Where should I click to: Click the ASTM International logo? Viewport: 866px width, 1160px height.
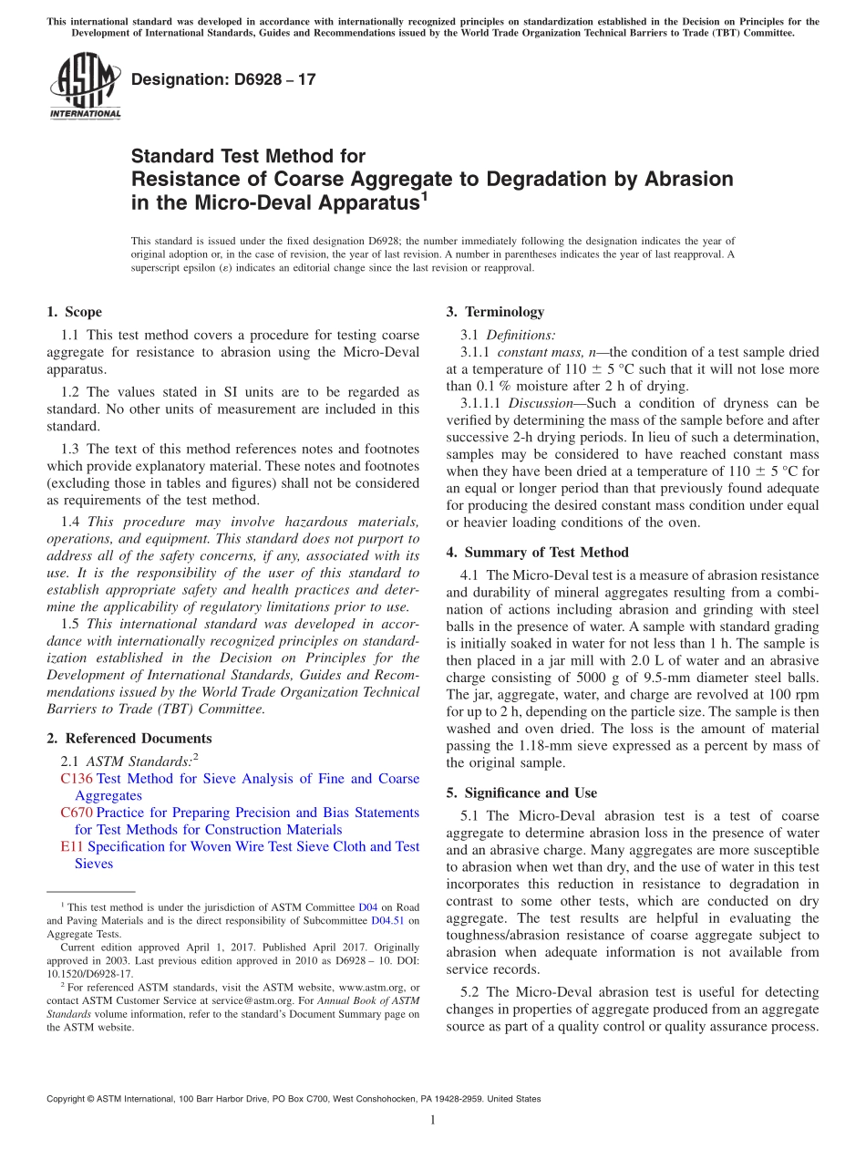pos(84,86)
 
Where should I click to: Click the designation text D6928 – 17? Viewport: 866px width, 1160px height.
pos(223,79)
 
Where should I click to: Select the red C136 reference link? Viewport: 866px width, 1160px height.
pos(76,779)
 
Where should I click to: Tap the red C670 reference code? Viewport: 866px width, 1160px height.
pos(76,813)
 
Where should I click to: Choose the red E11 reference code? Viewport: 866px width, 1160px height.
pos(71,846)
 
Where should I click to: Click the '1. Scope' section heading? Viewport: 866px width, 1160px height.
pos(74,312)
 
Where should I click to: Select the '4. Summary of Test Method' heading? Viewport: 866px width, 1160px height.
pos(537,553)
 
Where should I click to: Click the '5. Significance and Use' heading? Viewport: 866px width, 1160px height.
pos(521,793)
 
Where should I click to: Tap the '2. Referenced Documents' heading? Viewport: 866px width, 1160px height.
pos(129,739)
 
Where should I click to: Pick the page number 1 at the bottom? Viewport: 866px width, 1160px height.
pos(433,1120)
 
